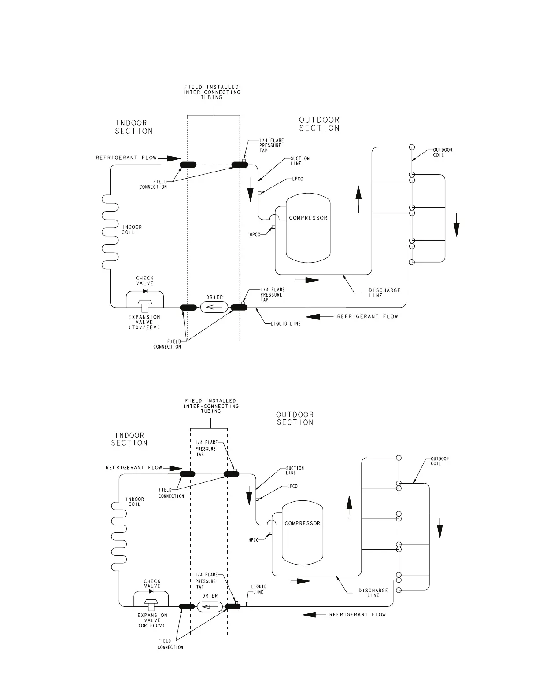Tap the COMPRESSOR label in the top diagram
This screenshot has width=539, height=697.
tap(308, 218)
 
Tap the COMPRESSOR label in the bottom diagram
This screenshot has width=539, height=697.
tap(303, 523)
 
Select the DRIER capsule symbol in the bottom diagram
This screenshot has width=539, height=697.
tap(210, 607)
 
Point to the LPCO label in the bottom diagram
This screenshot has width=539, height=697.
tap(292, 486)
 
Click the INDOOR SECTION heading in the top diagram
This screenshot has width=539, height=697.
tap(134, 127)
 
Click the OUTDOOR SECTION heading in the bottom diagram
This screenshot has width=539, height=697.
tap(295, 418)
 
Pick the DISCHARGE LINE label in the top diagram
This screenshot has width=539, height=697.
tap(384, 293)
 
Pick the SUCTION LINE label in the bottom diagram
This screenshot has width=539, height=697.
tap(295, 470)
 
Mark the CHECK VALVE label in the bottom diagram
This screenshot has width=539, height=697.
tap(152, 583)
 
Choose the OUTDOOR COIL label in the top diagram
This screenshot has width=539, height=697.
tap(442, 152)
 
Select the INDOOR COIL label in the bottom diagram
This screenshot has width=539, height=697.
tap(135, 502)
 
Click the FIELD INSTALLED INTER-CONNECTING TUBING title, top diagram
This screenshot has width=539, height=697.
tap(212, 92)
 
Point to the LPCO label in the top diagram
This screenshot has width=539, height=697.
tap(298, 179)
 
